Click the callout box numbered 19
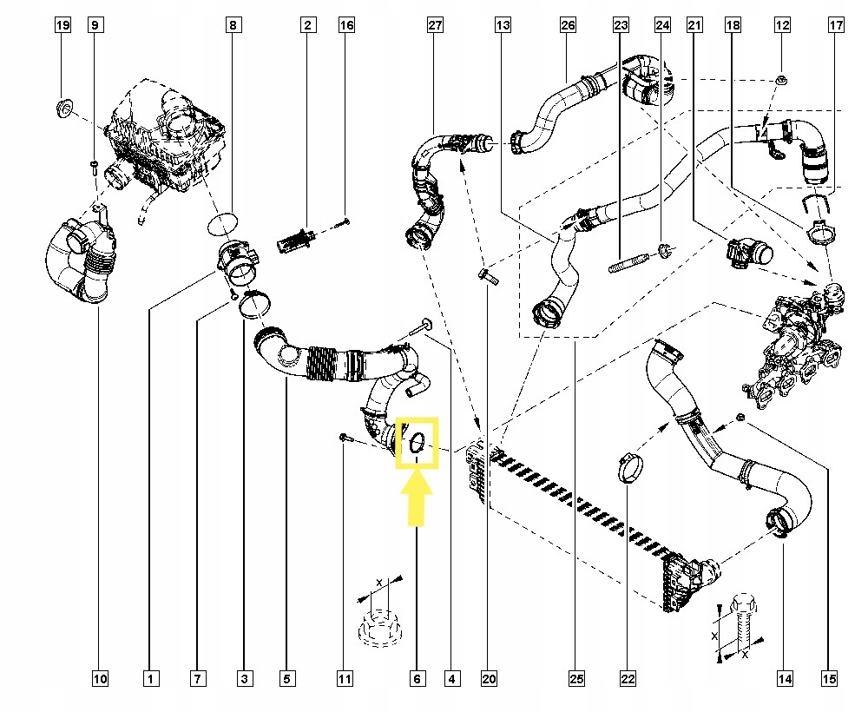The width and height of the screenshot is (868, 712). pos(63,26)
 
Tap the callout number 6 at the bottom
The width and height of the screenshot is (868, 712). pos(418,678)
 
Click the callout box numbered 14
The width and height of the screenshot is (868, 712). pos(786,678)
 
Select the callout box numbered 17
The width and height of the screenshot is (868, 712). pos(837,26)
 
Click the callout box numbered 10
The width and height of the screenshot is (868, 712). pos(100,678)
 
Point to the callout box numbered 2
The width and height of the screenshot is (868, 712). pos(307,26)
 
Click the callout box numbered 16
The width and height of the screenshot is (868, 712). pos(346,26)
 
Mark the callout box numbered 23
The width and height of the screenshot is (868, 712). pos(621,26)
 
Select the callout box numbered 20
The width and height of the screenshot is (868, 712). pos(487,678)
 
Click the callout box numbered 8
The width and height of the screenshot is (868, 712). pos(233,26)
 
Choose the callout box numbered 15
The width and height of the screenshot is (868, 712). pos(829,678)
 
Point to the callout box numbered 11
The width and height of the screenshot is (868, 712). pos(345,678)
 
